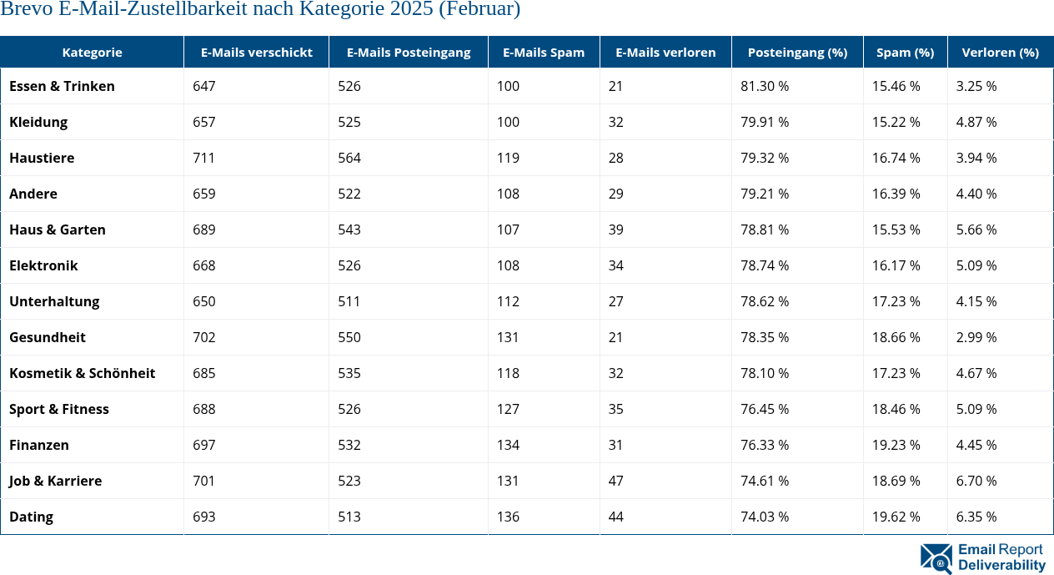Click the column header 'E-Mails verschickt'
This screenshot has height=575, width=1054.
pyautogui.click(x=256, y=52)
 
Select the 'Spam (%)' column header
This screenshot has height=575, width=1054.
pyautogui.click(x=905, y=52)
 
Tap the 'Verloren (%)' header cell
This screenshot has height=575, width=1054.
pyautogui.click(x=1000, y=52)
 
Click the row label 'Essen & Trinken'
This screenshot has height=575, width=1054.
pyautogui.click(x=62, y=86)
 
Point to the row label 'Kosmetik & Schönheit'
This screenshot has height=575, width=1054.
pyautogui.click(x=82, y=373)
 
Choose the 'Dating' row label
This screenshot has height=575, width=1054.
pyautogui.click(x=31, y=517)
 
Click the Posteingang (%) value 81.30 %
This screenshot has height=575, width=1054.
pyautogui.click(x=765, y=86)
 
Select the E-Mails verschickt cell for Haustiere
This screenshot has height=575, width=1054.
pyautogui.click(x=203, y=158)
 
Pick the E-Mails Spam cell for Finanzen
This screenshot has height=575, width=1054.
pyautogui.click(x=508, y=445)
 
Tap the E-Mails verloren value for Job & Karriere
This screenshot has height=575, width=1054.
pyautogui.click(x=615, y=481)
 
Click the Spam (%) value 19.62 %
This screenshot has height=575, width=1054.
pyautogui.click(x=896, y=517)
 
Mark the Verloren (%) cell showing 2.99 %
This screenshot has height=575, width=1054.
pyautogui.click(x=976, y=337)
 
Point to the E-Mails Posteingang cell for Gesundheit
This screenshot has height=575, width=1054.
pyautogui.click(x=349, y=337)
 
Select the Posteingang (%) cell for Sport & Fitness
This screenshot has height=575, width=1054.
pyautogui.click(x=765, y=409)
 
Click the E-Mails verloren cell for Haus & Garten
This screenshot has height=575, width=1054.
pyautogui.click(x=615, y=229)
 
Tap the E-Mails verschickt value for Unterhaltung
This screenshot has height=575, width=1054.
pyautogui.click(x=203, y=301)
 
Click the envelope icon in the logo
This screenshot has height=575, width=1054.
pyautogui.click(x=936, y=558)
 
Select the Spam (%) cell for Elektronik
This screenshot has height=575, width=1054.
pyautogui.click(x=896, y=265)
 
